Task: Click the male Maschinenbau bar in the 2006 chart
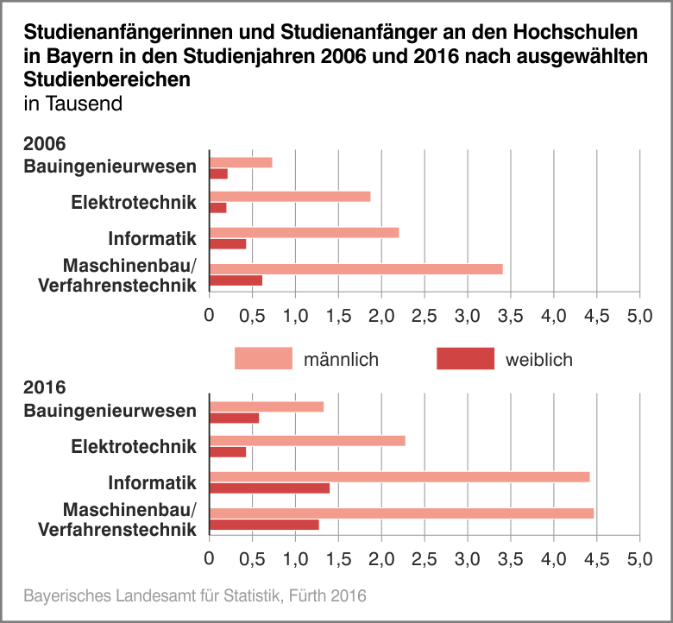355,268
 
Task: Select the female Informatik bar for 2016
269,488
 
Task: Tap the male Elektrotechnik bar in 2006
290,196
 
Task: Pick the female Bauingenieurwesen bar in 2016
234,418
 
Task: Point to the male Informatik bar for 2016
399,476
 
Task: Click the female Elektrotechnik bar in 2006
217,208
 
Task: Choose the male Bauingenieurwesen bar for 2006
241,162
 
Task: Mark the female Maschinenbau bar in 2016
264,525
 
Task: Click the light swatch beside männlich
263,359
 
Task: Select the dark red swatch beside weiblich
465,359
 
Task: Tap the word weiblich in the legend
538,360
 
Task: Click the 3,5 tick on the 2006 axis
511,315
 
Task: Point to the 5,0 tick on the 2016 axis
639,559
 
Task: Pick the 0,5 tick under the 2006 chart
252,315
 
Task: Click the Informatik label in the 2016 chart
153,482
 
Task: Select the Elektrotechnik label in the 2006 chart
134,203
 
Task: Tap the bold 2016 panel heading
45,388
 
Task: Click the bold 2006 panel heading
45,144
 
